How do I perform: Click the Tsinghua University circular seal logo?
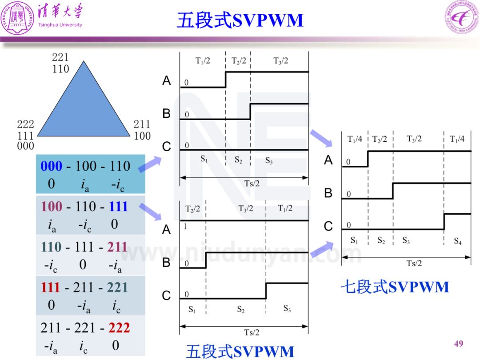click(x=17, y=17)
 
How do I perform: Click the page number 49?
click(x=459, y=344)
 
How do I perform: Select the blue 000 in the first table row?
click(x=52, y=166)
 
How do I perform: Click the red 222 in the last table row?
click(x=119, y=328)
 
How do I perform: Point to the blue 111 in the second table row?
click(x=118, y=206)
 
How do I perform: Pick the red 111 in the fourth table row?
click(x=50, y=287)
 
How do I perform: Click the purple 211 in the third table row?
click(x=117, y=247)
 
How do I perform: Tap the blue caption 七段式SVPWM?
click(x=395, y=287)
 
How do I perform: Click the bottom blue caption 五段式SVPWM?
click(x=240, y=351)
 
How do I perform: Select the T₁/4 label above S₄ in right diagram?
click(x=457, y=139)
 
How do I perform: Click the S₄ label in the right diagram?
click(x=458, y=241)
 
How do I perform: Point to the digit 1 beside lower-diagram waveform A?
click(x=185, y=227)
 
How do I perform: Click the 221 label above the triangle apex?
click(x=60, y=57)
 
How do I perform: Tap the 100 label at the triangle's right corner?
click(x=142, y=136)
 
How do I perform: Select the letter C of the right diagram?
click(x=328, y=226)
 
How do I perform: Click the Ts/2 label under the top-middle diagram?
click(x=252, y=183)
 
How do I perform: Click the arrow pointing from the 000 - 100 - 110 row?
click(x=150, y=164)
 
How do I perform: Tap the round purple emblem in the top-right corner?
click(x=462, y=17)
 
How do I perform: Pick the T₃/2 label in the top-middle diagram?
click(x=280, y=60)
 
